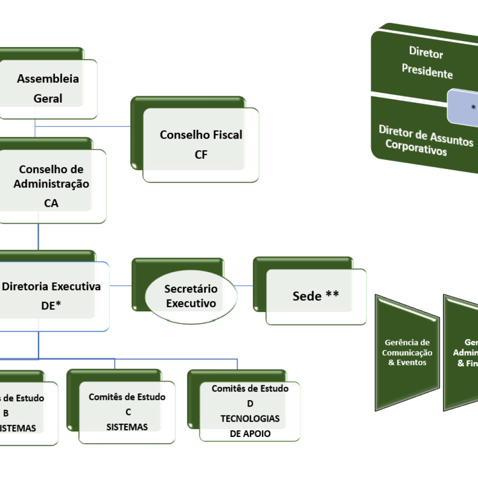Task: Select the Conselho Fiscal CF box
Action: coord(201,144)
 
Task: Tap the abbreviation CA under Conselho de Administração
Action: coord(51,203)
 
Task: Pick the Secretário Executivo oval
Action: coord(191,296)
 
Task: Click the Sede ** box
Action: coord(316,296)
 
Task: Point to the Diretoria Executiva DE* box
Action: coord(51,295)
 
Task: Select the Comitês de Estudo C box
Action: coord(127,412)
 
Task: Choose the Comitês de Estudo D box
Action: coord(250,411)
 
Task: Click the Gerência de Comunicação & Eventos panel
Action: coord(407,352)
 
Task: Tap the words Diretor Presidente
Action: coord(427,63)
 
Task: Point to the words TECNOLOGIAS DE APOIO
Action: coord(250,426)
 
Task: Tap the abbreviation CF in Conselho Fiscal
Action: coord(201,155)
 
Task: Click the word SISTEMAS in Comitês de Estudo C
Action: coord(127,427)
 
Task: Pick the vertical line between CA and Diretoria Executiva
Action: coord(38,237)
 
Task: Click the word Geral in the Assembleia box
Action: coord(48,98)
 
